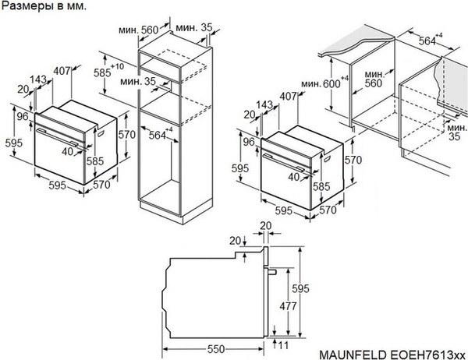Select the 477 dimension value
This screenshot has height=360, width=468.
click(288, 306)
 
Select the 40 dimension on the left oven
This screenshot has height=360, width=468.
click(68, 152)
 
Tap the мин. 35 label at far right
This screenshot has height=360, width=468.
click(452, 132)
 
